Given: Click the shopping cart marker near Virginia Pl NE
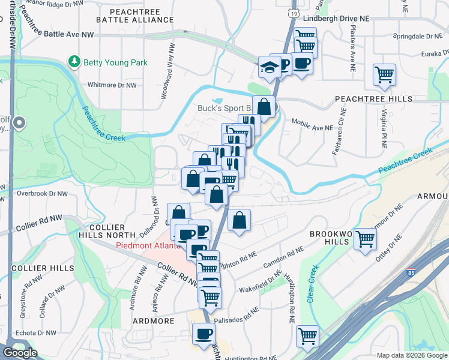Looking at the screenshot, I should point(384,75).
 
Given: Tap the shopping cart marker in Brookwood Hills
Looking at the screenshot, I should point(365,239).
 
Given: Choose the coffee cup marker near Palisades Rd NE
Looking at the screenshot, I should point(203,334).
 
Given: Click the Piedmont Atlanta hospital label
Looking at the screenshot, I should point(147,245).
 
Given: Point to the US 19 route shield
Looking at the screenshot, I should point(292,13).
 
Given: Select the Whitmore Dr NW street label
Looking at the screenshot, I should point(112,85).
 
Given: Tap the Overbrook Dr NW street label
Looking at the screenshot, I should point(42,194).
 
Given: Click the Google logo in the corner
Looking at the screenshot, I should point(20,353).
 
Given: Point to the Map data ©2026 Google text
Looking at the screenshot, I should point(411,355).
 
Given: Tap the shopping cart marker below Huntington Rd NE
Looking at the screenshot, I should point(308,337).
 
